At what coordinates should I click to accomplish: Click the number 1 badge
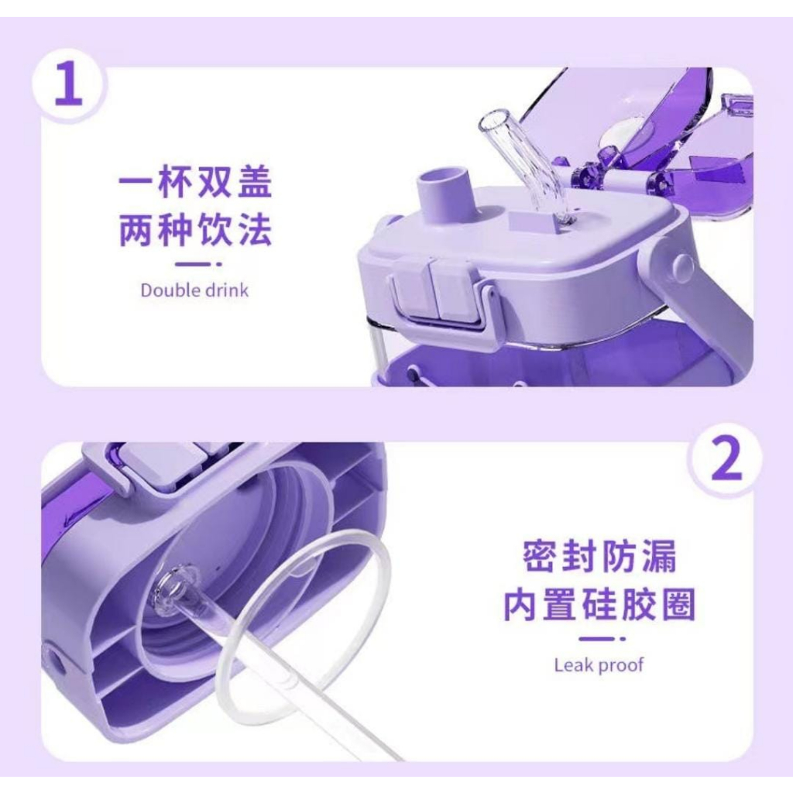point(69,84)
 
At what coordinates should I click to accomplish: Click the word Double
point(170,290)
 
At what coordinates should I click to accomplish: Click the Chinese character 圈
point(678,604)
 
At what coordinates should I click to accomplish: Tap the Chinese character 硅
point(600,604)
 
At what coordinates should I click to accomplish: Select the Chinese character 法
point(255,230)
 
